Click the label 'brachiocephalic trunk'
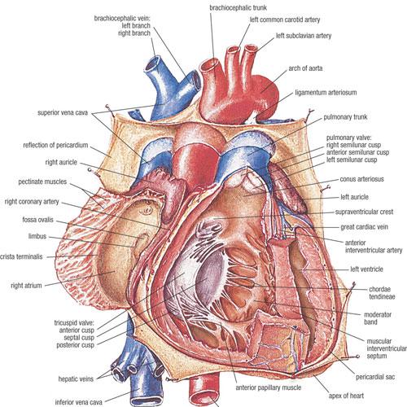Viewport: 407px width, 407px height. click(238, 7)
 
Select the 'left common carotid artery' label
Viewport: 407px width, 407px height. click(285, 20)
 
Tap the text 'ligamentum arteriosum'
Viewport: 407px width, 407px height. click(326, 93)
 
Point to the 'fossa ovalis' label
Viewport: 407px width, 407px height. click(38, 220)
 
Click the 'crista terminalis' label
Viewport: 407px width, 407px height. click(21, 256)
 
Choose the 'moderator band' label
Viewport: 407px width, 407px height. click(378, 318)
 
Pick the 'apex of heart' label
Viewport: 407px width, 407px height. click(346, 396)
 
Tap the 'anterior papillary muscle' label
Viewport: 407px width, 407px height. click(269, 387)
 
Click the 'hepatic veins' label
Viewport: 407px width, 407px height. click(76, 379)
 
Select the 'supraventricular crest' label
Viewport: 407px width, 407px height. click(364, 212)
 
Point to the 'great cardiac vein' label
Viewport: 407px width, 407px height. click(364, 227)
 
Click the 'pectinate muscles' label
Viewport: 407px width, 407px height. click(42, 182)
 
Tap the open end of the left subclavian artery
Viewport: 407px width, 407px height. click(251, 49)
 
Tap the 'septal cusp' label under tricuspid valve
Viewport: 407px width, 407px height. click(79, 338)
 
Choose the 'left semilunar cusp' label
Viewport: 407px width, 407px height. click(352, 160)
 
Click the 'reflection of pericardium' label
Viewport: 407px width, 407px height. click(55, 145)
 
